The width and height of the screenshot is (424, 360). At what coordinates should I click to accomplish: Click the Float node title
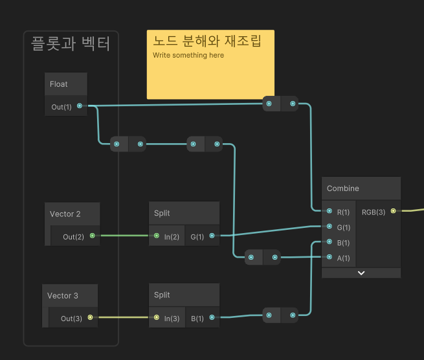tap(59, 84)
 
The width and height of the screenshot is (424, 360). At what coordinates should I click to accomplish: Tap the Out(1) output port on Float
tap(80, 106)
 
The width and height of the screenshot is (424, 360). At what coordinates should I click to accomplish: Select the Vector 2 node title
tap(65, 214)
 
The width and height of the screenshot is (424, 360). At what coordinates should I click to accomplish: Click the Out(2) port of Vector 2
tap(92, 236)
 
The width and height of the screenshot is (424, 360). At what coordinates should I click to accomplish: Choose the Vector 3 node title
tap(63, 296)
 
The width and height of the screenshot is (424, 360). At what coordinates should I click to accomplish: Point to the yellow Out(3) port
tap(90, 318)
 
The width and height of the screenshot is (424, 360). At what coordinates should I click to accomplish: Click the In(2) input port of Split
tap(156, 236)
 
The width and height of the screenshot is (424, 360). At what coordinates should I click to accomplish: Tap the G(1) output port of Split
tap(212, 236)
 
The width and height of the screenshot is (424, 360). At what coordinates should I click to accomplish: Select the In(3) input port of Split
tap(156, 318)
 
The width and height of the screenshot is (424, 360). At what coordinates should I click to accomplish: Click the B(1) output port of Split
tap(212, 318)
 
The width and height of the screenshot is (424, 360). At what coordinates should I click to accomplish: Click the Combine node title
tap(343, 188)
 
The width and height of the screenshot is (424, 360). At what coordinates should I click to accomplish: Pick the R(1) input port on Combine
tap(329, 212)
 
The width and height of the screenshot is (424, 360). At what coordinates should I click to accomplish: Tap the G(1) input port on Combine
tap(329, 227)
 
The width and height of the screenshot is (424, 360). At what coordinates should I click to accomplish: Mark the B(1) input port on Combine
tap(329, 243)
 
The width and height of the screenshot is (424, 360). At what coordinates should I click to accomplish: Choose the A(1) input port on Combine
tap(329, 258)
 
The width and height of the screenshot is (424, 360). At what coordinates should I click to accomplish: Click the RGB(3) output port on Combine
tap(393, 212)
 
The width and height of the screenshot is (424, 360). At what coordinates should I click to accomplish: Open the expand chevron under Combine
tap(361, 273)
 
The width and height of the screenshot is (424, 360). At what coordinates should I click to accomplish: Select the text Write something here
tap(188, 56)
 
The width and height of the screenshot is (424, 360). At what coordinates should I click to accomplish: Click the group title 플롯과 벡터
tap(71, 44)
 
